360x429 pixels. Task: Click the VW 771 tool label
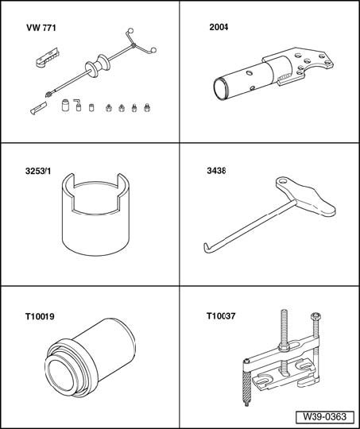41,28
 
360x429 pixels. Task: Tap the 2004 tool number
219,27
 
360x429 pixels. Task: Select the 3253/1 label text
38,171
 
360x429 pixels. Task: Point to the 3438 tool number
216,171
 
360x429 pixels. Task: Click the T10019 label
40,316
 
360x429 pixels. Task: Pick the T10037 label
221,316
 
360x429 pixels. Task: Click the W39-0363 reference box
325,417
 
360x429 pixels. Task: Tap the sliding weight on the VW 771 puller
98,66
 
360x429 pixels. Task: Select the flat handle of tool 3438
305,196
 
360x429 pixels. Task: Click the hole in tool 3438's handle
283,181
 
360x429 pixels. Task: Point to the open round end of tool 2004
222,89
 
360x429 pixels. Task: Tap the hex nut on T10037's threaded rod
285,348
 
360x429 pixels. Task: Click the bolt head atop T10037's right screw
316,316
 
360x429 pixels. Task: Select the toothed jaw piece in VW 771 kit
48,58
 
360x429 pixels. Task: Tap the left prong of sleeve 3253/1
68,186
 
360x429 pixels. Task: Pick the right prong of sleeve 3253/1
123,186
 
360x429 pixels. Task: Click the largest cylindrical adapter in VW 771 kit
65,106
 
